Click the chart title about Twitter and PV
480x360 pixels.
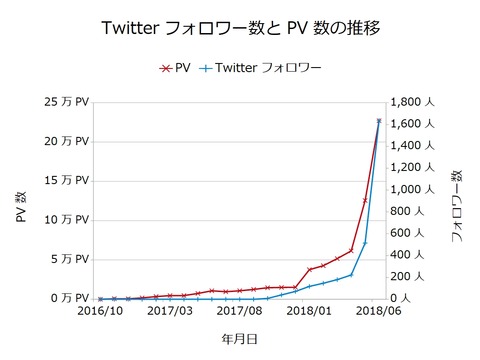pyautogui.click(x=241, y=26)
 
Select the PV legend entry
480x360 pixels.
pyautogui.click(x=177, y=69)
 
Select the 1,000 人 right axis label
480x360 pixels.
pyautogui.click(x=413, y=189)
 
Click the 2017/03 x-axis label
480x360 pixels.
pyautogui.click(x=170, y=311)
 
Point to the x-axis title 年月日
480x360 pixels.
pyautogui.click(x=240, y=340)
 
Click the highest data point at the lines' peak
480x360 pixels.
pyautogui.click(x=379, y=121)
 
